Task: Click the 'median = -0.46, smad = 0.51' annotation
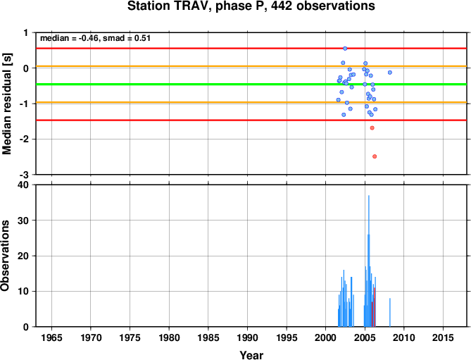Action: coord(95,38)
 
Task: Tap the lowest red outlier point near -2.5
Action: coord(375,156)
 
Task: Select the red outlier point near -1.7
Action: coord(372,128)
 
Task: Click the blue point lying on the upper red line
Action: coord(345,49)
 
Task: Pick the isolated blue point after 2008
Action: coord(390,73)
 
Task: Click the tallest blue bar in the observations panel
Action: coord(369,261)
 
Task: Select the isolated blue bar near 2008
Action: coord(390,312)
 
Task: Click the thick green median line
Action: coord(251,84)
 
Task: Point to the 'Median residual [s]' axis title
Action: coord(6,104)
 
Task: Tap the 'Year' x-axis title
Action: coord(251,355)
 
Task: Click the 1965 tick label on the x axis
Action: coord(51,337)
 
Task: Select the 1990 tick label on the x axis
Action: coord(247,337)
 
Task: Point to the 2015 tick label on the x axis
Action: coord(443,337)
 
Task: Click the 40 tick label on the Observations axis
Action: coord(23,185)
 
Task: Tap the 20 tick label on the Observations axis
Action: coord(23,256)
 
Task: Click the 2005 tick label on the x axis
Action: coord(365,337)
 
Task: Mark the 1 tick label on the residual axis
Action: coord(26,32)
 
